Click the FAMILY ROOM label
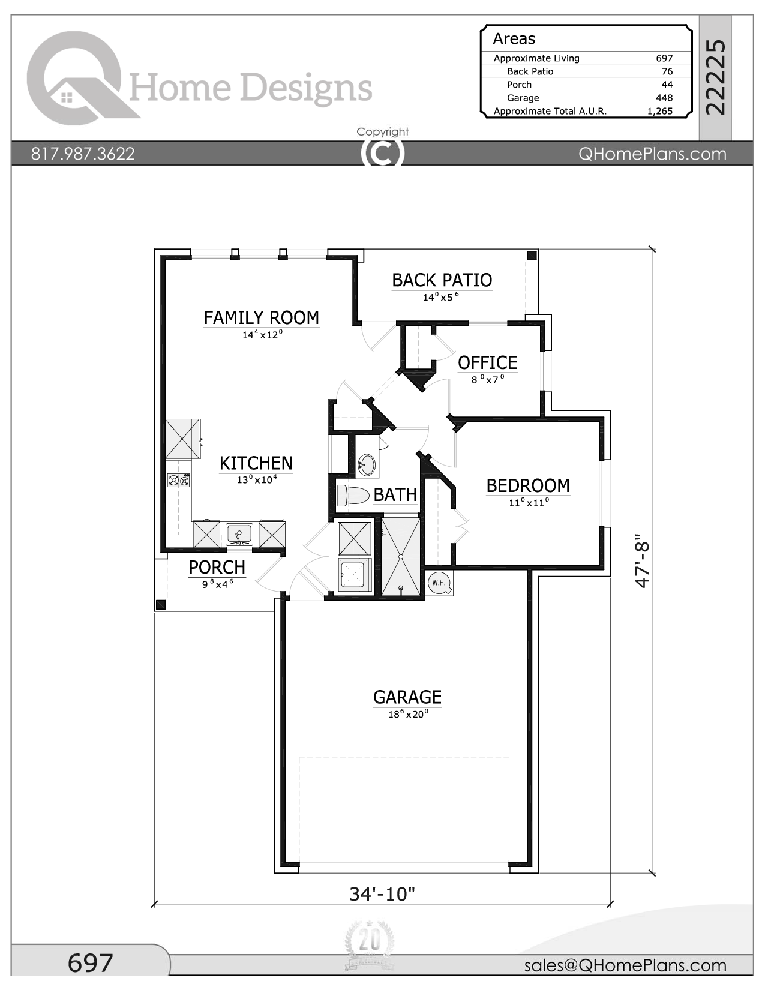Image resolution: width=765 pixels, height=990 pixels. point(261,317)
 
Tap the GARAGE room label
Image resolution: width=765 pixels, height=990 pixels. point(407,697)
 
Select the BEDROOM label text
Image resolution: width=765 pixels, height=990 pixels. point(527,485)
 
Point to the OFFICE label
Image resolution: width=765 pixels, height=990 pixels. point(487,362)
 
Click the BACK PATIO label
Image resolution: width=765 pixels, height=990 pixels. point(442,280)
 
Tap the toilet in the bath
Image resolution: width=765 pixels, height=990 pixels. point(353,496)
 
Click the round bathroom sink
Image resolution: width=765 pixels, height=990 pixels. point(367,464)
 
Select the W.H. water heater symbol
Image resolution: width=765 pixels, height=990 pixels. point(439,583)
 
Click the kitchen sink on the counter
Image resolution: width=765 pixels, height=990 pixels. point(239,533)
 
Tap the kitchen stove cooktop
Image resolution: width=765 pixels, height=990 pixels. point(178,480)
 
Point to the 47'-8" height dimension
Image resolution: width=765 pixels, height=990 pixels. point(642,561)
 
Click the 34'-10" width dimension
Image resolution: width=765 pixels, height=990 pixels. point(382,894)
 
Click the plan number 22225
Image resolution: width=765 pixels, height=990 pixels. point(716,77)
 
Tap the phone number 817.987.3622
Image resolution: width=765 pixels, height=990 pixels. point(83,154)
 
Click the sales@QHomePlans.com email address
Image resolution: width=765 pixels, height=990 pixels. point(625,965)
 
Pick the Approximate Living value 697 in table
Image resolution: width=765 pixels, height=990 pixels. point(664,58)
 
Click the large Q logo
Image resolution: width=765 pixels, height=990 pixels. point(75,78)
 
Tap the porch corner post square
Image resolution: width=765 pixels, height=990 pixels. point(160,604)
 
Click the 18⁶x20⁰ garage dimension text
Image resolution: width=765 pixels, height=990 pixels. point(408,714)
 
